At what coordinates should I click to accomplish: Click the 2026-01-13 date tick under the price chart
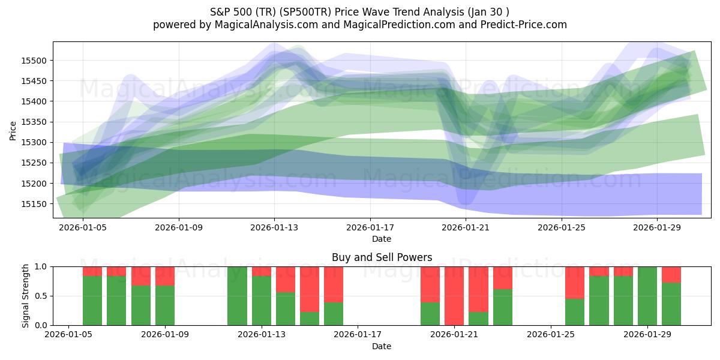pos(274,228)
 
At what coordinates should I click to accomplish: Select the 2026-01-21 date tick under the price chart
pos(466,228)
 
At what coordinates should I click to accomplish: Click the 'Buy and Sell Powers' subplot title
pos(382,257)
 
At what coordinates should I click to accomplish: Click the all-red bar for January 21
pos(454,296)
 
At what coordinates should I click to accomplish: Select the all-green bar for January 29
pos(647,296)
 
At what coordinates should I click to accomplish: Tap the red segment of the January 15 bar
pos(310,289)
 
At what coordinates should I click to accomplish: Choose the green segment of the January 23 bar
pos(503,307)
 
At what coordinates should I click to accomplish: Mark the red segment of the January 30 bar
pos(671,274)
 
